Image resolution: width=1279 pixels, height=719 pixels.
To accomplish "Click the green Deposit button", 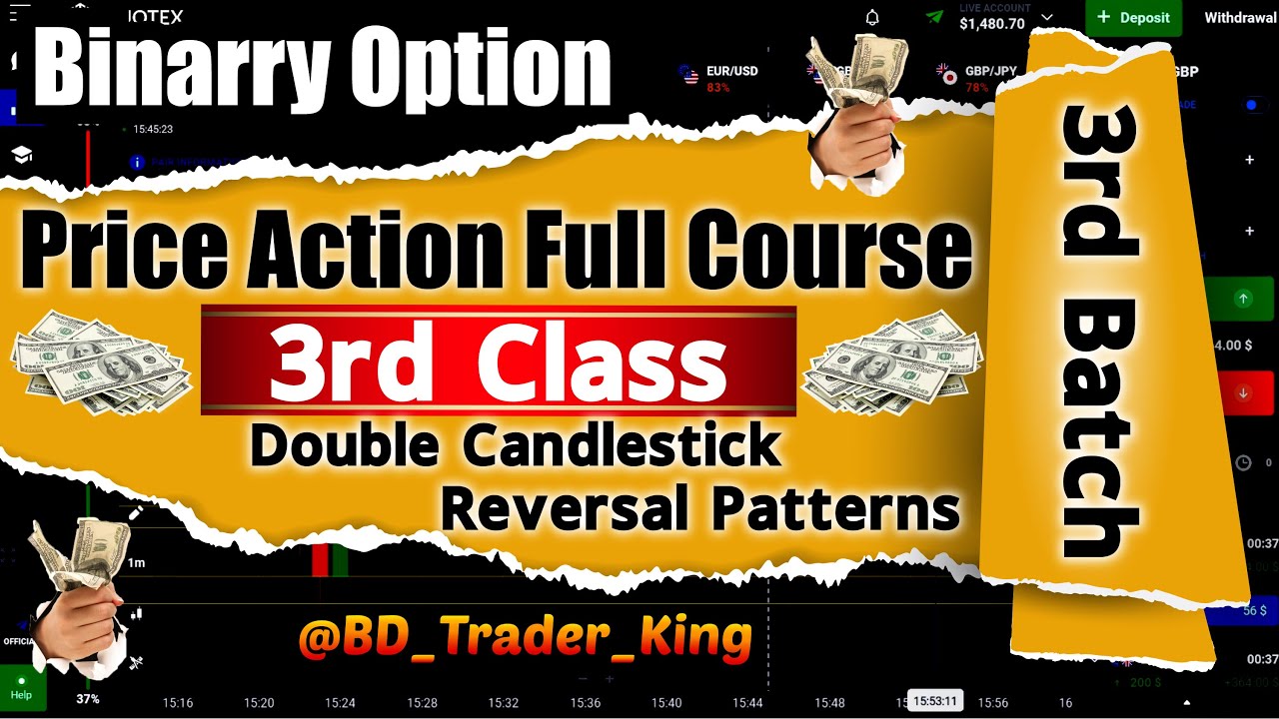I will click(x=1133, y=17).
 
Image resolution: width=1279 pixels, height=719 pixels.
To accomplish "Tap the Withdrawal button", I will click(x=1240, y=18).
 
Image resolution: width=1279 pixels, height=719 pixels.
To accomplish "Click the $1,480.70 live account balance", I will click(x=992, y=24).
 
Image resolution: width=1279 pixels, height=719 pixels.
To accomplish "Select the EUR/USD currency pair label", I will click(x=731, y=72).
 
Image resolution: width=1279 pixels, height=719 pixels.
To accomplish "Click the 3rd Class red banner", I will click(x=498, y=361).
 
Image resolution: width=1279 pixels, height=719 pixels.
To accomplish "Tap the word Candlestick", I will click(x=621, y=446).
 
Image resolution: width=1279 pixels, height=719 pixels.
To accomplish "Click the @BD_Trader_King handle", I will click(x=524, y=636).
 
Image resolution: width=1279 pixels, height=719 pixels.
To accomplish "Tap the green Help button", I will click(x=21, y=688).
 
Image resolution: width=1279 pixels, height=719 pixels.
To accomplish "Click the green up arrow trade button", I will click(x=1243, y=298).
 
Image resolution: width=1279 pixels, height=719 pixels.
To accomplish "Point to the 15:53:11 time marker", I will click(x=935, y=701).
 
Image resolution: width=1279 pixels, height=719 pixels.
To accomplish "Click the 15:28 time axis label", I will click(x=422, y=703).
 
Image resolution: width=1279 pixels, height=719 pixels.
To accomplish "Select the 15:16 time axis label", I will click(x=177, y=703).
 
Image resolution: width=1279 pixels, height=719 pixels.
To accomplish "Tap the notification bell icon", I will click(x=872, y=18).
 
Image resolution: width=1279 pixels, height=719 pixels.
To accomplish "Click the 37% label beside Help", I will click(x=88, y=699).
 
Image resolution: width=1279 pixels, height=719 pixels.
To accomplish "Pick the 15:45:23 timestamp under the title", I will click(x=153, y=129).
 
